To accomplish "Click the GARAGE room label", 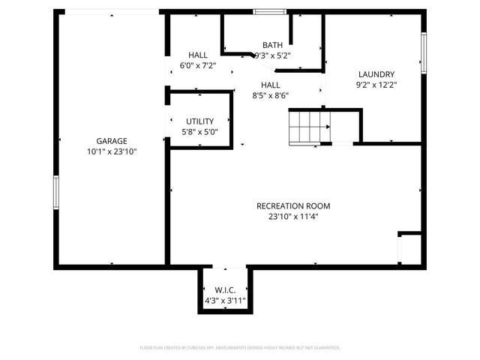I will coord(111,140).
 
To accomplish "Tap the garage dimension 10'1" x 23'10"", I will coord(111,151).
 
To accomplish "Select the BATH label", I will coord(272,45).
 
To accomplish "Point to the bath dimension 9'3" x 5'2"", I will coord(272,55).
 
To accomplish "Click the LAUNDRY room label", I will coord(376,74).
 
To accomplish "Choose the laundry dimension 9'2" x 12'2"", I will coord(376,85).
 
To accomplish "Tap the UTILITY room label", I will coord(199,121).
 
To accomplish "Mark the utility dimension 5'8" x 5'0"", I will coord(199,131).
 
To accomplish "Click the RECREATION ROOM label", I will coord(292,205).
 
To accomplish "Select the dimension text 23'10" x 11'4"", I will coord(292,217).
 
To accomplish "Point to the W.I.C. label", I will coord(225,290).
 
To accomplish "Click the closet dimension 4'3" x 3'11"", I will coord(225,301).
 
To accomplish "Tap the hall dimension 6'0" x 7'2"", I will coord(198,66).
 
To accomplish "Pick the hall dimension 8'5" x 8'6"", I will coord(270,95).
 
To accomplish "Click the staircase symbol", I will coord(309,126).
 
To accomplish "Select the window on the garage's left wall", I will coord(55,191).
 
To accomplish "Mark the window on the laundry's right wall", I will coord(423,53).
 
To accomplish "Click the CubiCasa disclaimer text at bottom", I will coord(240,347).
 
